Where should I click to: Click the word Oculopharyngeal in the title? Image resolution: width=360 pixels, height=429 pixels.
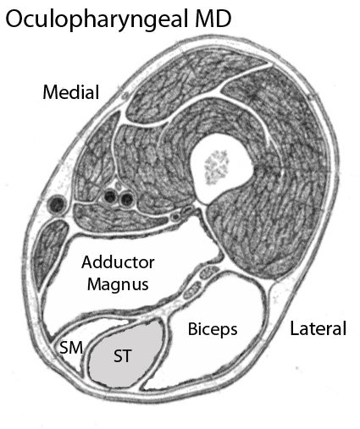97,19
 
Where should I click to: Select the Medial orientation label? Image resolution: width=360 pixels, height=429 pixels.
71,92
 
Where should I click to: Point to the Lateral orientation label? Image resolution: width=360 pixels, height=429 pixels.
318,328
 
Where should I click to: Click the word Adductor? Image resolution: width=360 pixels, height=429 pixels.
118,262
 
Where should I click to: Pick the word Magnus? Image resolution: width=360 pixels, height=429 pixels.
118,284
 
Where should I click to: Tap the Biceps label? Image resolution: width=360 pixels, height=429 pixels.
213,329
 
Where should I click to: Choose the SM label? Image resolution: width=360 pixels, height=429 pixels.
71,347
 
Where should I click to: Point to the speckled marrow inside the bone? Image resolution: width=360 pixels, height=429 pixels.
217,167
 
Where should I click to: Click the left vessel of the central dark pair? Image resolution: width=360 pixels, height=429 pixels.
110,196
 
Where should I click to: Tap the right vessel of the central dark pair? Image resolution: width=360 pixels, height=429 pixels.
126,199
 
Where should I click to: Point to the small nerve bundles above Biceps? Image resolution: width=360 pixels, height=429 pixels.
201,281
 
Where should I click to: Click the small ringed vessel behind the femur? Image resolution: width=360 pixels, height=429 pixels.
176,217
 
